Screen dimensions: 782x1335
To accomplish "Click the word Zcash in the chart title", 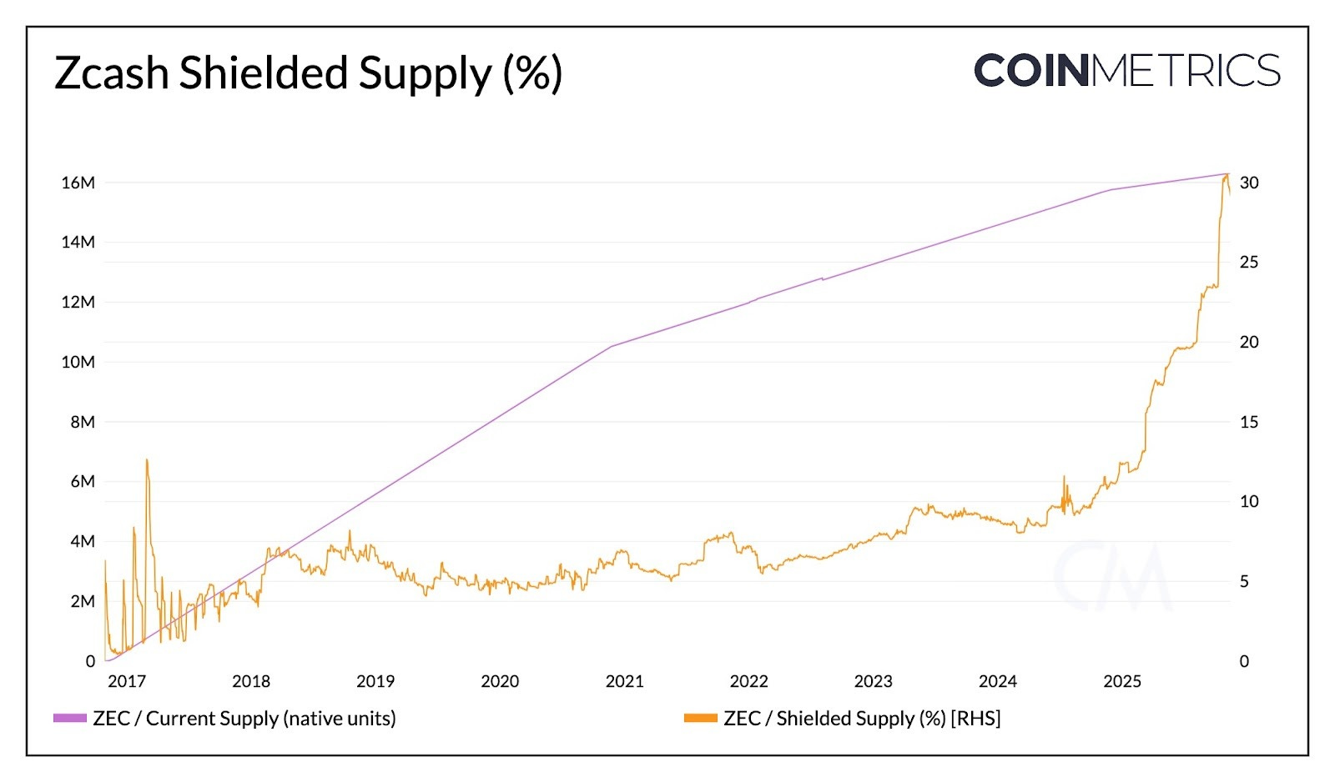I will click(112, 73).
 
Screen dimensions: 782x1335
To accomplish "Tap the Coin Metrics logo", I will click(1126, 71).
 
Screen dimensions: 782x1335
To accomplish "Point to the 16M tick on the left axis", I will click(78, 183).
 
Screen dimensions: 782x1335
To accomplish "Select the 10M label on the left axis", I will click(78, 362).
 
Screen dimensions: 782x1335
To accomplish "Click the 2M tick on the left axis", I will click(82, 601).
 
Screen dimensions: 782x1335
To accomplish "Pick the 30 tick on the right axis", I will click(1249, 183).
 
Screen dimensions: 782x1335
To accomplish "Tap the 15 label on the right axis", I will click(1248, 422).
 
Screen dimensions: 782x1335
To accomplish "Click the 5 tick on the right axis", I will click(1244, 581).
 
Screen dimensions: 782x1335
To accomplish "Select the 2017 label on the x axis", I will click(127, 681).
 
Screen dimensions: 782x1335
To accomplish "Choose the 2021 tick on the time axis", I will click(624, 681).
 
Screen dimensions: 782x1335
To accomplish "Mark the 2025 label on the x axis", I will click(1122, 681).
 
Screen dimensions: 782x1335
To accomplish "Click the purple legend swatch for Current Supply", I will click(70, 718).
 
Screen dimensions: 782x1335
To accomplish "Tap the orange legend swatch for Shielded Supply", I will click(701, 718).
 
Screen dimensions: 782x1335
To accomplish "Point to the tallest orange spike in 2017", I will click(147, 459).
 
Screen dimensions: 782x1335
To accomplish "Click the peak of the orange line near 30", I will click(1227, 174).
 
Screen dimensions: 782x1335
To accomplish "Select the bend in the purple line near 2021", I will click(612, 345).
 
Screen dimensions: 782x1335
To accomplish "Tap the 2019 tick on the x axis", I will click(375, 681).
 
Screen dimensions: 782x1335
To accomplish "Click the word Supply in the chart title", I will click(425, 73).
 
